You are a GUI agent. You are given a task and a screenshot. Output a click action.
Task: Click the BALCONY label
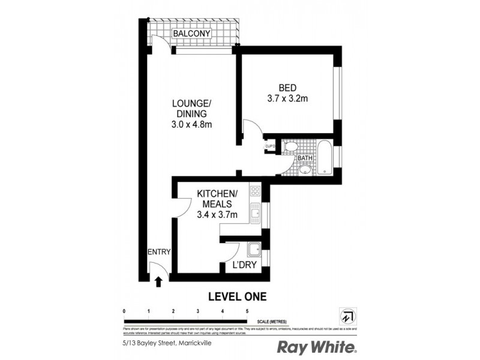coord(191,34)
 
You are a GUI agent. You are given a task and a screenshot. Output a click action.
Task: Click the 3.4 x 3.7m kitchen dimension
coord(218,214)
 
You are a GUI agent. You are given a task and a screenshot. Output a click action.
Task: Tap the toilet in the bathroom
coord(290,147)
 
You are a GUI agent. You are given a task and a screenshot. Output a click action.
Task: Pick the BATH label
coord(305,158)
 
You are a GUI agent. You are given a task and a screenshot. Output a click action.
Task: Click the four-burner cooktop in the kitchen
coord(254,191)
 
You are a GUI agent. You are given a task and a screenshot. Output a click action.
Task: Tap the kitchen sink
coord(255,211)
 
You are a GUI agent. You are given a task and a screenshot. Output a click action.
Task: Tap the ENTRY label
coord(159,252)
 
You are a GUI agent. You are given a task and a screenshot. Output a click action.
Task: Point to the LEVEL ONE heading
coord(236,296)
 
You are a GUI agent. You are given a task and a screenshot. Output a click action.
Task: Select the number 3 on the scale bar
coord(197,311)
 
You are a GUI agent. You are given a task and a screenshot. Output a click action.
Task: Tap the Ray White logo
coord(317,347)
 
